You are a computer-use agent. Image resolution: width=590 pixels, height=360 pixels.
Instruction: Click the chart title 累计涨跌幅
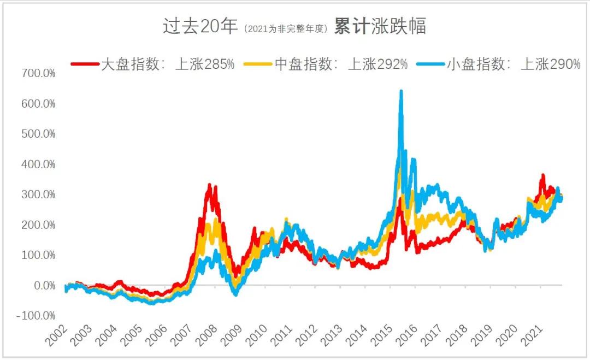point(380,26)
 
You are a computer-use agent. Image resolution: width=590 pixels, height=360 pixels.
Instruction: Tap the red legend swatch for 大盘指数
point(85,64)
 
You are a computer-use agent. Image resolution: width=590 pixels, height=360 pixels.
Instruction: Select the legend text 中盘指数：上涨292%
point(340,64)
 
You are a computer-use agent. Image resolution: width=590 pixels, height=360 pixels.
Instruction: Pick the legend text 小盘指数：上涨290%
point(513,64)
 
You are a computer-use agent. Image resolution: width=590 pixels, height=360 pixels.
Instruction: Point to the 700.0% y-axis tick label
point(38,73)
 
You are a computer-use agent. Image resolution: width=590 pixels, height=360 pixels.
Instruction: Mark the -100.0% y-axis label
point(36,316)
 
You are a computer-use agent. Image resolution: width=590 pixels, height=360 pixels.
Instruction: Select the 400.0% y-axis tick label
point(38,164)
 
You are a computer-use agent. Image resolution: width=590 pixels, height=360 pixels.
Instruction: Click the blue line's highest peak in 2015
point(401,91)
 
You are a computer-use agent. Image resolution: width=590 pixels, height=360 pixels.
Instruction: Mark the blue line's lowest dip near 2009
point(235,294)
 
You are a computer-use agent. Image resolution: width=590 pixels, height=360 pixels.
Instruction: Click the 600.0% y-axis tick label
point(38,103)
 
